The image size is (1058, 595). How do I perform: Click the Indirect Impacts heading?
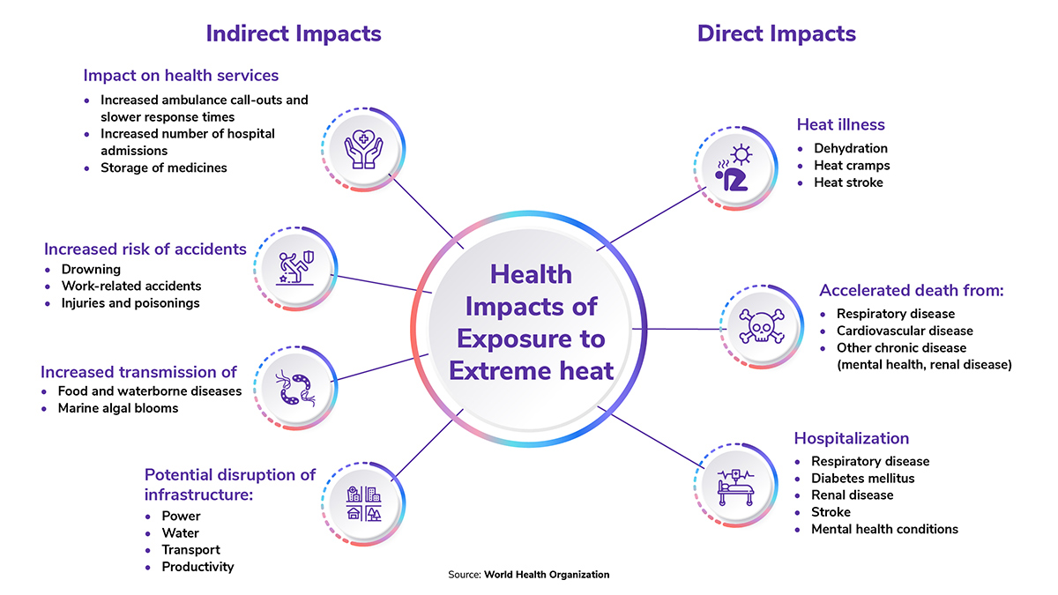pyautogui.click(x=294, y=33)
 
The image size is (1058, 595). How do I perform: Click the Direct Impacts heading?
pyautogui.click(x=777, y=33)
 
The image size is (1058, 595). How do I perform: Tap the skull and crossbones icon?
pyautogui.click(x=762, y=326)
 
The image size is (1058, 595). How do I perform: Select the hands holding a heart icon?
pyautogui.click(x=363, y=149)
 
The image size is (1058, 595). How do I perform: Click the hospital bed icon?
pyautogui.click(x=736, y=487)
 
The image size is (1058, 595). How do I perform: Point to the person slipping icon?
pyautogui.click(x=295, y=268)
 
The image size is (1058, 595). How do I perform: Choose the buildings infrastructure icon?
pyautogui.click(x=363, y=504)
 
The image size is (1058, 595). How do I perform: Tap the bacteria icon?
pyautogui.click(x=295, y=388)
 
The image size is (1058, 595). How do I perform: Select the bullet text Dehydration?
pyautogui.click(x=851, y=148)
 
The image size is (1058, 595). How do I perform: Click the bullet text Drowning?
pyautogui.click(x=91, y=269)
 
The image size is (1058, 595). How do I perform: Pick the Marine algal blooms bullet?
pyautogui.click(x=118, y=408)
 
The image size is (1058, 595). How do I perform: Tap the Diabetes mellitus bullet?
pyautogui.click(x=863, y=479)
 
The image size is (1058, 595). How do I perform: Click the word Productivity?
pyautogui.click(x=197, y=567)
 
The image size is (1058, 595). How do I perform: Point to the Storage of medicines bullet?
pyautogui.click(x=163, y=167)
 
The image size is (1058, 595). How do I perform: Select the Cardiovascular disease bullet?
pyautogui.click(x=905, y=331)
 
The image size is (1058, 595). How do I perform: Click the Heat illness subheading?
pyautogui.click(x=841, y=124)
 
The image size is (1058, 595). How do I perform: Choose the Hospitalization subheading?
pyautogui.click(x=852, y=438)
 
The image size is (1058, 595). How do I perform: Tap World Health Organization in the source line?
pyautogui.click(x=547, y=575)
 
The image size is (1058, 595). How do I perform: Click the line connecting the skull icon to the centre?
pyautogui.click(x=676, y=329)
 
